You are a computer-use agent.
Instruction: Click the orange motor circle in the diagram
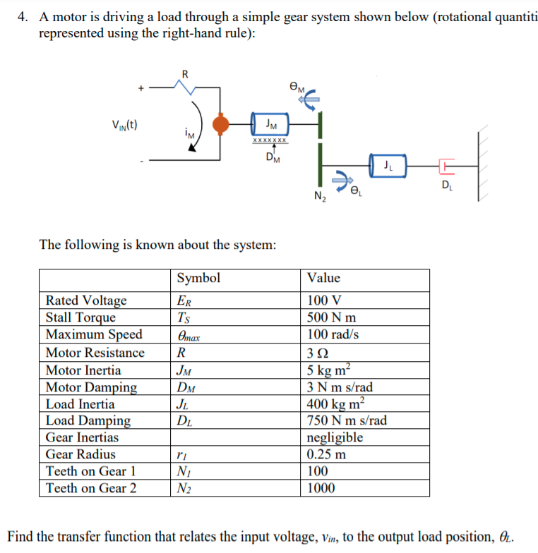coord(222,125)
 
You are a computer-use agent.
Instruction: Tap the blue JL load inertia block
coord(387,167)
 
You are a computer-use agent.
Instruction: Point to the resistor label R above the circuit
coord(185,73)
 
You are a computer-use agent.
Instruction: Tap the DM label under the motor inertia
coord(272,157)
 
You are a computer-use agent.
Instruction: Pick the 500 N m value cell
coord(331,317)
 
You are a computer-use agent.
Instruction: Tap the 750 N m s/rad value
coord(347,421)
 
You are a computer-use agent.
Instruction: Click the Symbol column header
coord(198,278)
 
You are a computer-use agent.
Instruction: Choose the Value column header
coord(323,278)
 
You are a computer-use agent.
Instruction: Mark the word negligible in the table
coord(335,437)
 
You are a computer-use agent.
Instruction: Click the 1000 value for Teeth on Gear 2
coord(321,488)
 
